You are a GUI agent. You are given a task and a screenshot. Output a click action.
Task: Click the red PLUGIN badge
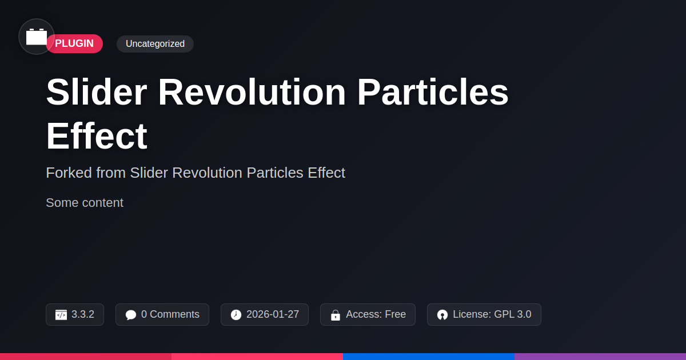click(x=75, y=43)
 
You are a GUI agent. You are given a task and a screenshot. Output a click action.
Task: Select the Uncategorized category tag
click(x=155, y=44)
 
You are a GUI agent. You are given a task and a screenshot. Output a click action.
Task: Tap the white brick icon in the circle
click(x=37, y=37)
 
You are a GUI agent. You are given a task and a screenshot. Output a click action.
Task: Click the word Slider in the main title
click(x=97, y=92)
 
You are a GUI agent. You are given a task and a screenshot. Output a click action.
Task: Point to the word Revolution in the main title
click(x=252, y=92)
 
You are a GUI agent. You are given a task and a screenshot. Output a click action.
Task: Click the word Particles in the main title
click(x=432, y=92)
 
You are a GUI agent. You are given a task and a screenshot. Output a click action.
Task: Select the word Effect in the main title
click(x=97, y=135)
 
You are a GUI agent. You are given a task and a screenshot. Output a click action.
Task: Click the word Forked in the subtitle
click(x=69, y=173)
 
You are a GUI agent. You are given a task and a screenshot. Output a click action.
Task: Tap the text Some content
click(x=85, y=203)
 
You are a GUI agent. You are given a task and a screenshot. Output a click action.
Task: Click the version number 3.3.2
click(x=83, y=314)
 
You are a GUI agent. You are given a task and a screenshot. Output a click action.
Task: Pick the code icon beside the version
click(x=61, y=315)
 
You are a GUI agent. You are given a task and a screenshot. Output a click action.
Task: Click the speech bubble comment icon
click(x=131, y=315)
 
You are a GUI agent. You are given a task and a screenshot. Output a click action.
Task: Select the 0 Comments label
click(x=170, y=314)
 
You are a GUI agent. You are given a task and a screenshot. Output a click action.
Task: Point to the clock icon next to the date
click(x=236, y=315)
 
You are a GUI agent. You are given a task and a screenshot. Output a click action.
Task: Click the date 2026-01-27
click(x=273, y=314)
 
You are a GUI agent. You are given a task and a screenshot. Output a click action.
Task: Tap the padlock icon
click(x=336, y=315)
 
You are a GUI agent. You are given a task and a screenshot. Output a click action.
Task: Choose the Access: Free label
click(x=376, y=314)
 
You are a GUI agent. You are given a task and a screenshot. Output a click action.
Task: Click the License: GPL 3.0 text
click(x=492, y=314)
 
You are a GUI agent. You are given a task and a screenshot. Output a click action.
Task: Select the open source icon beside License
click(x=442, y=315)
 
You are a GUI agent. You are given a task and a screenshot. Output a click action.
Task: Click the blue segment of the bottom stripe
click(x=429, y=357)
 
